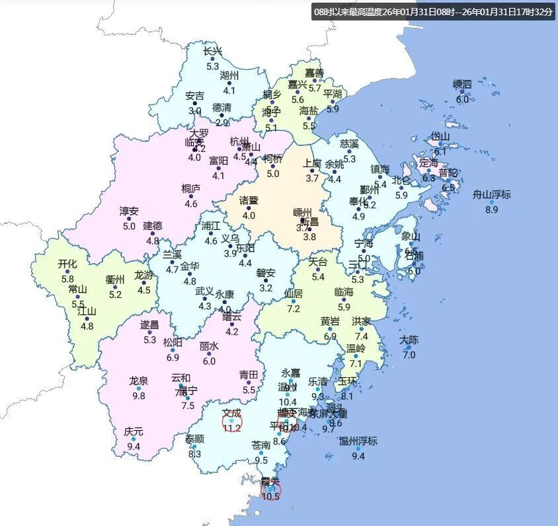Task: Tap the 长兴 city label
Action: click(212, 52)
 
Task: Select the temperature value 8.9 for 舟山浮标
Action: click(491, 209)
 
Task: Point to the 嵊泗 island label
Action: click(462, 85)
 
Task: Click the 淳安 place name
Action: click(129, 211)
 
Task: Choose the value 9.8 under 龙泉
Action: click(138, 396)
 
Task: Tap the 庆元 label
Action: click(133, 432)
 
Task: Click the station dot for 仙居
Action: click(293, 301)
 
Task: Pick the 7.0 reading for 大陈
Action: click(409, 355)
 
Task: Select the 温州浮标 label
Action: click(358, 441)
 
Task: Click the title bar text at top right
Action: click(434, 12)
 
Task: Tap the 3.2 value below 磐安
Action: click(266, 288)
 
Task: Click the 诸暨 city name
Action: click(249, 200)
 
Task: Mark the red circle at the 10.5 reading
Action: click(270, 491)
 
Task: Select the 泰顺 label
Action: click(194, 439)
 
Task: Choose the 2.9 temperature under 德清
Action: click(221, 122)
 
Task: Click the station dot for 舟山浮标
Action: click(491, 202)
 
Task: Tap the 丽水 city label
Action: click(209, 346)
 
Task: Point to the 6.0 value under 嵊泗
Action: click(462, 100)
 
